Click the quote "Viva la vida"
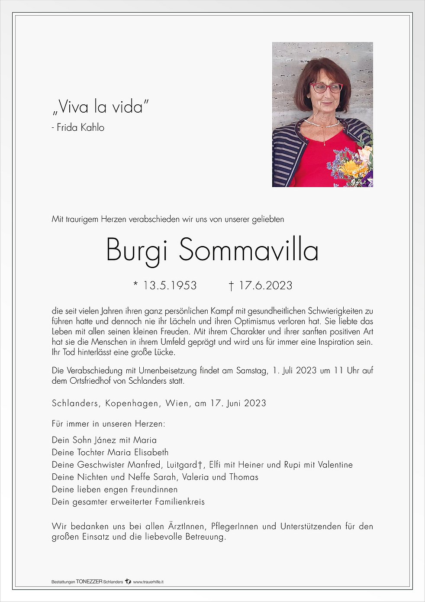point(100,107)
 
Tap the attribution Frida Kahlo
point(80,127)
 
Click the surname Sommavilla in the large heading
point(248,250)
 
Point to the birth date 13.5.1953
point(170,285)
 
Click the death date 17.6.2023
point(265,285)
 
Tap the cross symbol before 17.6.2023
point(232,286)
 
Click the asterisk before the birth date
point(135,284)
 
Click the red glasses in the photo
point(326,88)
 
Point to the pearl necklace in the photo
point(322,125)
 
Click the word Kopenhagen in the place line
point(132,403)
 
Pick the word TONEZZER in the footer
point(89,582)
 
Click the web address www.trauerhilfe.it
point(148,582)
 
